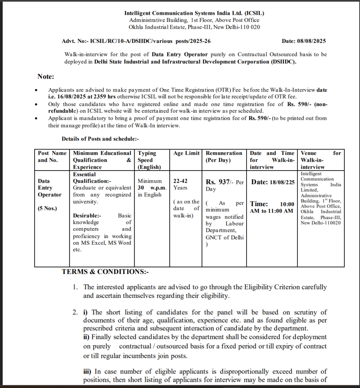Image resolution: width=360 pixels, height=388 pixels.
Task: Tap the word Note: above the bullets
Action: click(46, 77)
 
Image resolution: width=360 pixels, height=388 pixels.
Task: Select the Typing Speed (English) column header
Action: click(149, 160)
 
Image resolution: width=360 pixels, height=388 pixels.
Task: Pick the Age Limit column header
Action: click(186, 153)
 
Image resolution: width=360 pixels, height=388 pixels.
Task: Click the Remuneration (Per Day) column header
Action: click(224, 156)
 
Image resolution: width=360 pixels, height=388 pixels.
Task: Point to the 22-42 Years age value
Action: click(181, 185)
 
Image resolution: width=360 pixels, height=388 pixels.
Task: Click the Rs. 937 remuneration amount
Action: click(219, 182)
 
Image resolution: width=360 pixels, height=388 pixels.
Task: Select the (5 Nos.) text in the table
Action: click(47, 208)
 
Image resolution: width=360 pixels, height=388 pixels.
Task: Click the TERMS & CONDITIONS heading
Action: click(105, 272)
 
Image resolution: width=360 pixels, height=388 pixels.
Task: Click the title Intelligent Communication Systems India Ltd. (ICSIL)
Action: click(194, 13)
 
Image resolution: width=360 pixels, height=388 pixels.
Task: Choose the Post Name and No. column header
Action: click(52, 156)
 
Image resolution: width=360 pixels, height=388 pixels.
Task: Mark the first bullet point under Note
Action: click(36, 91)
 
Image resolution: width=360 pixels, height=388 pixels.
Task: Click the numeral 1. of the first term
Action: click(75, 287)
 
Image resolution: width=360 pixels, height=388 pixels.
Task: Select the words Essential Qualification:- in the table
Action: click(91, 178)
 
